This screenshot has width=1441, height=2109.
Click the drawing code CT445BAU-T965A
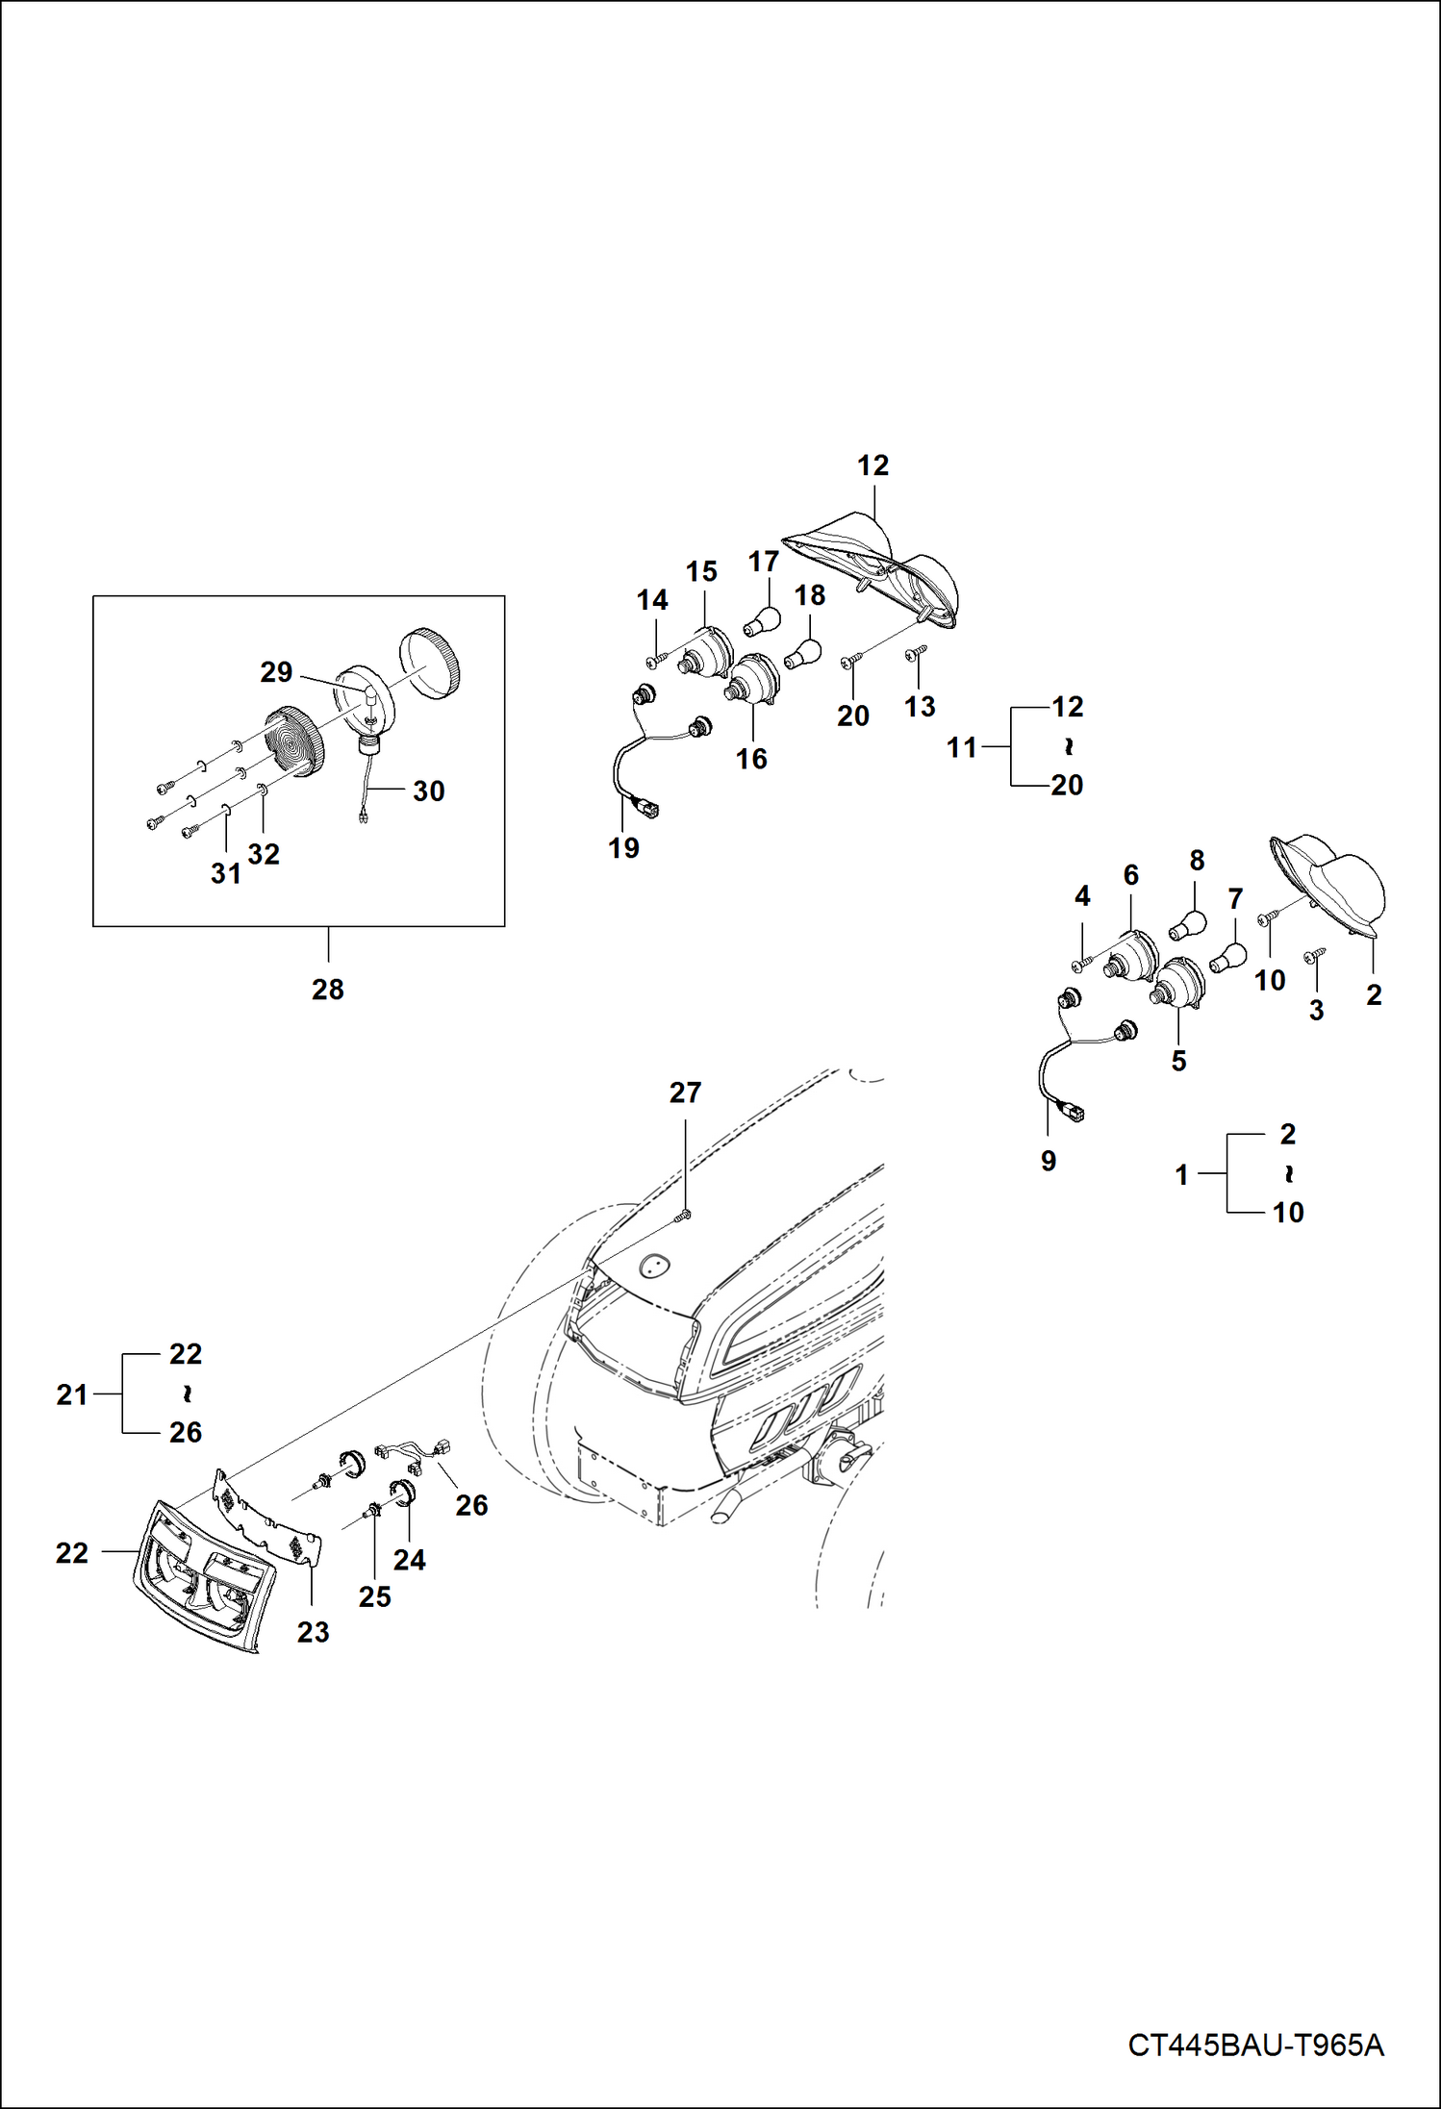(x=1255, y=2045)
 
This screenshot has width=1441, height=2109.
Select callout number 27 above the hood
(x=685, y=1092)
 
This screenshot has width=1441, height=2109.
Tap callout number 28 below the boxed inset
(x=327, y=990)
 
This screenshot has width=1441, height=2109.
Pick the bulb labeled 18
(x=803, y=655)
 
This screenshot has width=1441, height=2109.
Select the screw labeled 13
(x=915, y=655)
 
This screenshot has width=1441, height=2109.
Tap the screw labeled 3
(x=1312, y=957)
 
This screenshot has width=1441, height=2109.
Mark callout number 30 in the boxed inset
(x=428, y=791)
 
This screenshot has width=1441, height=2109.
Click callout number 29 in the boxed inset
(x=276, y=672)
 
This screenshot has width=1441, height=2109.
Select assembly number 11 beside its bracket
(x=962, y=747)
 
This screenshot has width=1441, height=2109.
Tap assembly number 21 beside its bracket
(x=72, y=1394)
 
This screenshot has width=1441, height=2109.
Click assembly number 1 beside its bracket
(x=1182, y=1174)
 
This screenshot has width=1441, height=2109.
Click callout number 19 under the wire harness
(x=623, y=848)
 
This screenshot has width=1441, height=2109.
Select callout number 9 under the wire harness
(x=1049, y=1161)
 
